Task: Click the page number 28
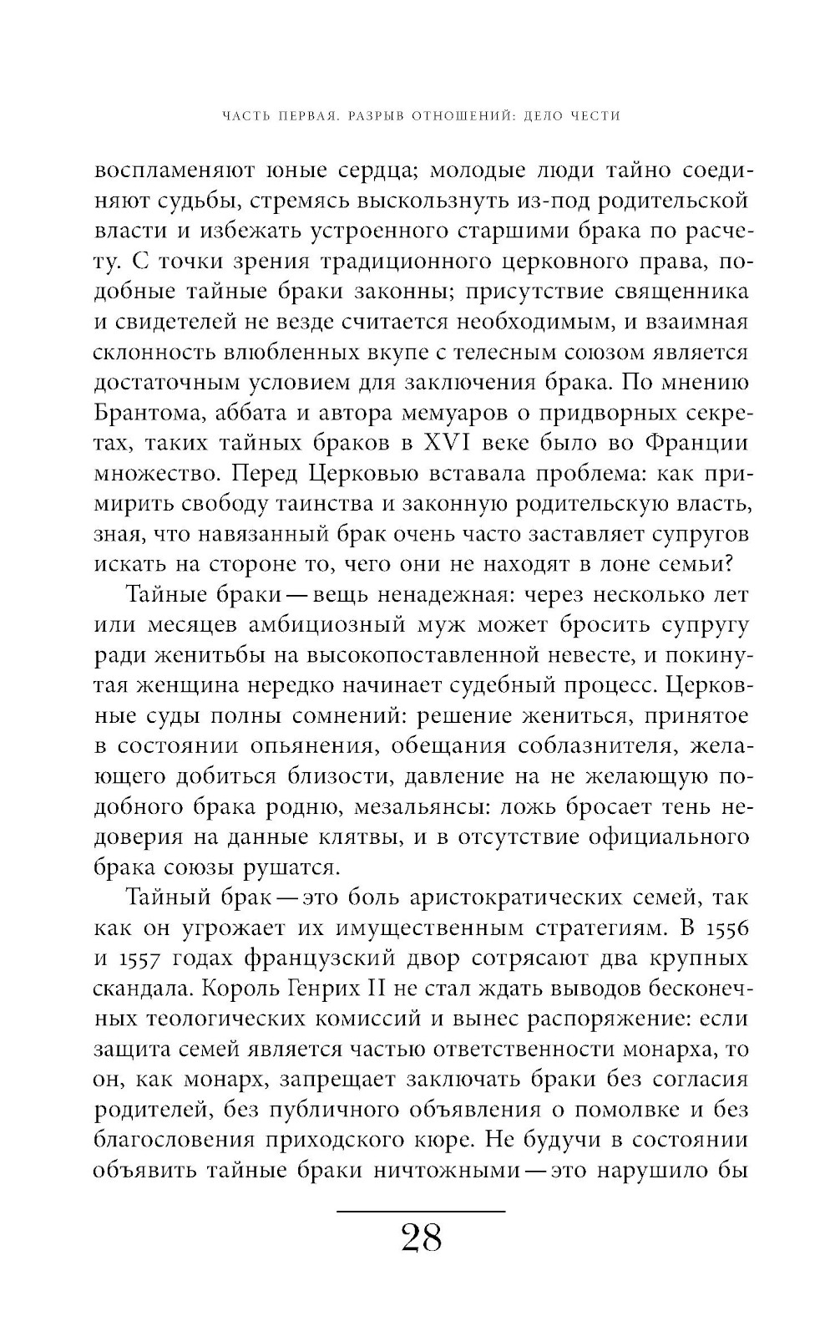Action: point(421,1238)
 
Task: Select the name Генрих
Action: point(321,989)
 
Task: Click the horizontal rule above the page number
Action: point(421,1211)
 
